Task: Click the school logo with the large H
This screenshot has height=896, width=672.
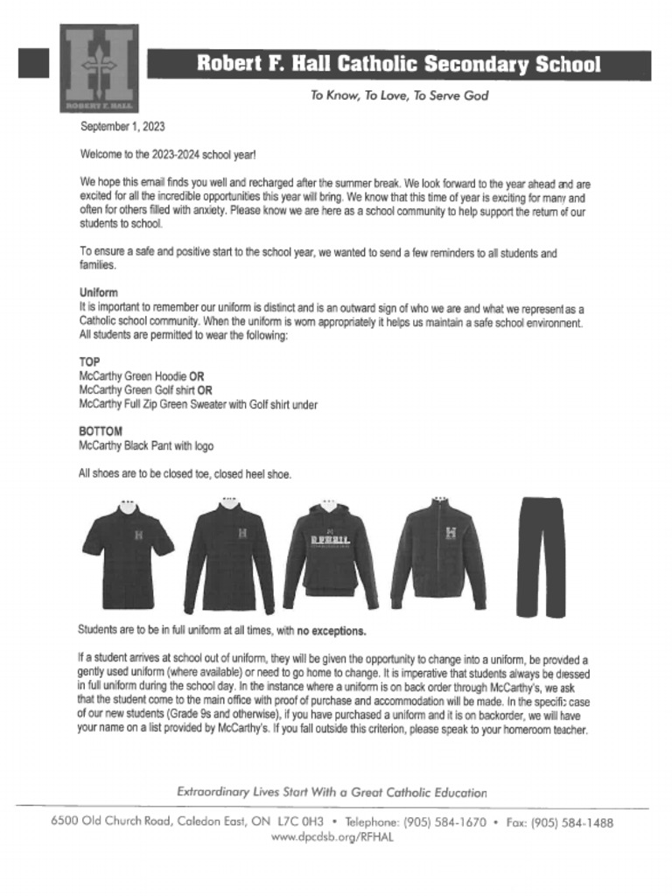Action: (99, 67)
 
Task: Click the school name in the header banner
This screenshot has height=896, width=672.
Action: (398, 64)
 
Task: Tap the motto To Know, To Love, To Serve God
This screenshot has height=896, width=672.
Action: (399, 95)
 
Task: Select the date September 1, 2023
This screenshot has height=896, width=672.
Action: (122, 127)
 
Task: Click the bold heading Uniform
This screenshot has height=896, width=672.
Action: (98, 292)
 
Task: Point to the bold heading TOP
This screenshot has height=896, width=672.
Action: (89, 361)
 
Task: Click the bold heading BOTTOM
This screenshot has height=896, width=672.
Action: (101, 431)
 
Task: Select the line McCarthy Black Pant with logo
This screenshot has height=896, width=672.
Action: (146, 446)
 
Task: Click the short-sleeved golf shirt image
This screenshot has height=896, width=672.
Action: (129, 556)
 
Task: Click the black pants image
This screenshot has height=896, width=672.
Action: (540, 556)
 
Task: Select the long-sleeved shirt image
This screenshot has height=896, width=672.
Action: (229, 556)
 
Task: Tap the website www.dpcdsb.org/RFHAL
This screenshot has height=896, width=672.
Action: (332, 837)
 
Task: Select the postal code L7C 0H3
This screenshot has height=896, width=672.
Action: (300, 822)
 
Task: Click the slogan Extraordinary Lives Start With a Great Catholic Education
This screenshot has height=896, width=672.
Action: (332, 792)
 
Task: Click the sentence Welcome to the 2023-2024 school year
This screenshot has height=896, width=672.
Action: (168, 155)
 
